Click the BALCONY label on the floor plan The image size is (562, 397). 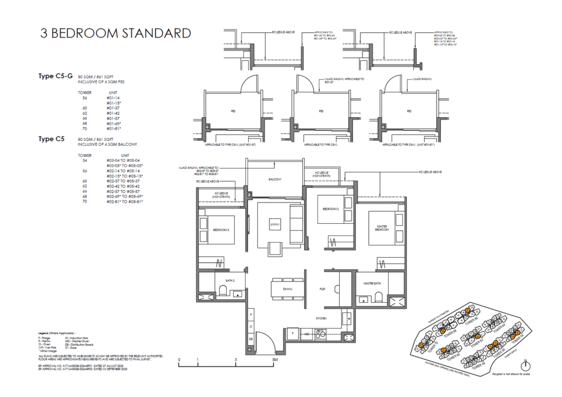275,180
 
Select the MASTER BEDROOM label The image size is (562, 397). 383,228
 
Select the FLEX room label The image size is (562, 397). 323,288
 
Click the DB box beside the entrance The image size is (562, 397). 251,339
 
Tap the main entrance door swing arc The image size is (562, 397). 267,345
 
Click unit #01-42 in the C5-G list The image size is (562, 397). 114,113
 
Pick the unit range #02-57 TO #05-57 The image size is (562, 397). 125,191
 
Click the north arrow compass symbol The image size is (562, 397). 526,365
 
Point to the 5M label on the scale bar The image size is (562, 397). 274,360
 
